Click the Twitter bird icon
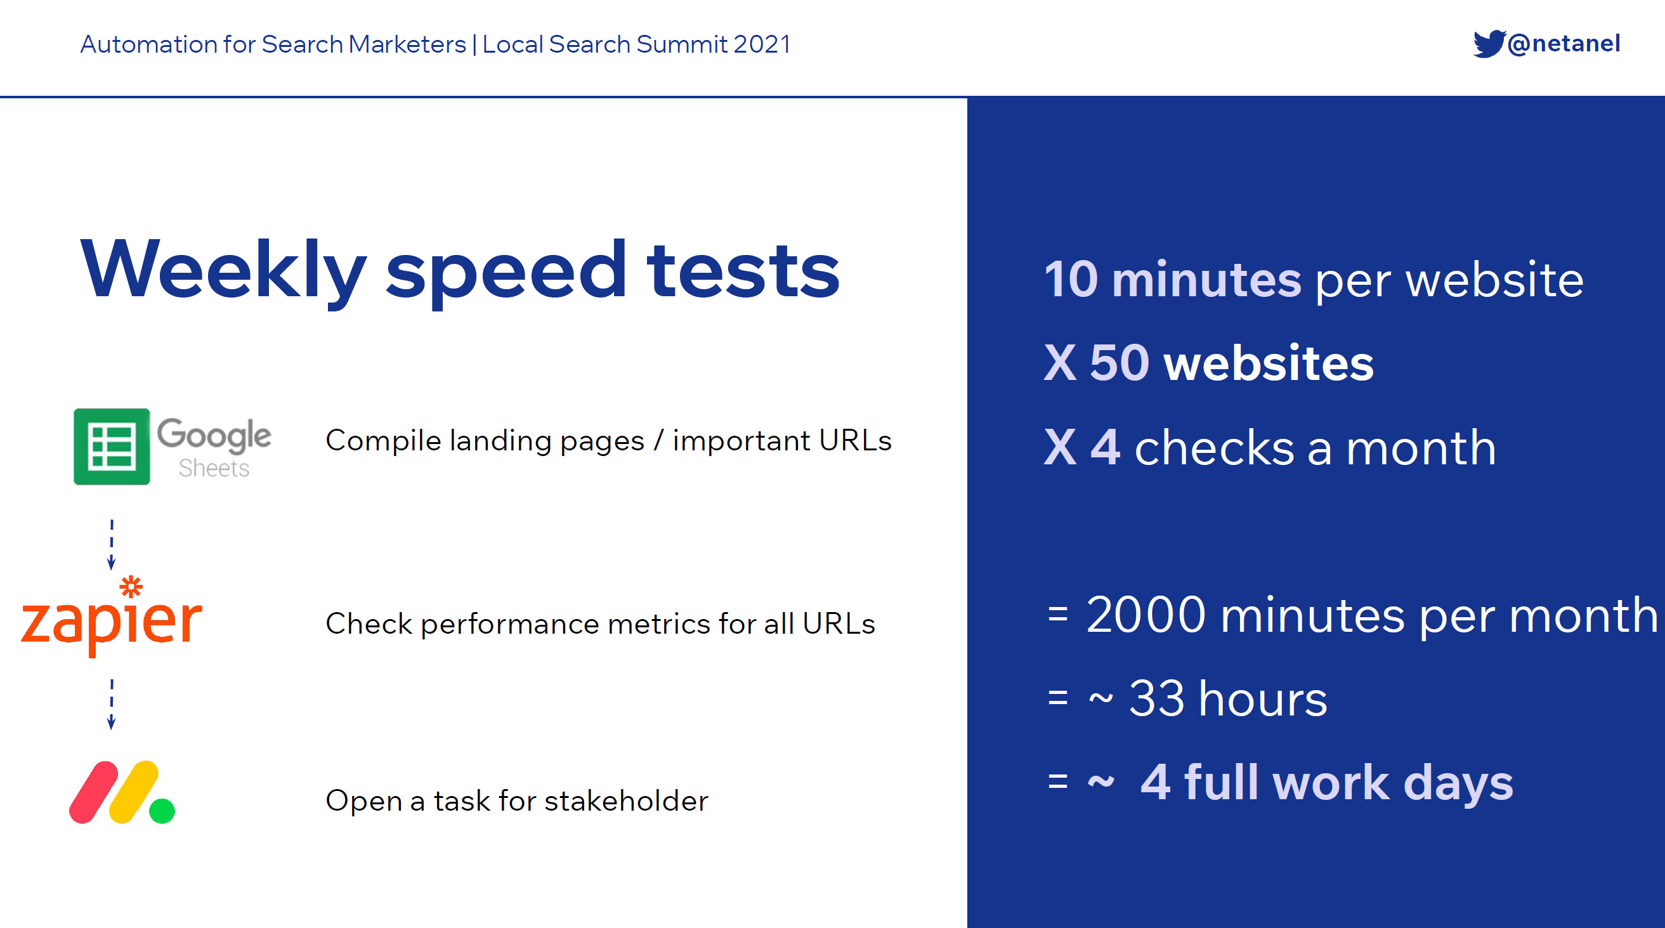1489,44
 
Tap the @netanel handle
1564,44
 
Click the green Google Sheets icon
112,447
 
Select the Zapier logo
112,617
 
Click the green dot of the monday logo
162,811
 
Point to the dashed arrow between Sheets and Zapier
111,544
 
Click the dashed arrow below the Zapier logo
111,704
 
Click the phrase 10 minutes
1173,279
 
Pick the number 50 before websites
1120,363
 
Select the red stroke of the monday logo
94,792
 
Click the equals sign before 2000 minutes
1057,614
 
